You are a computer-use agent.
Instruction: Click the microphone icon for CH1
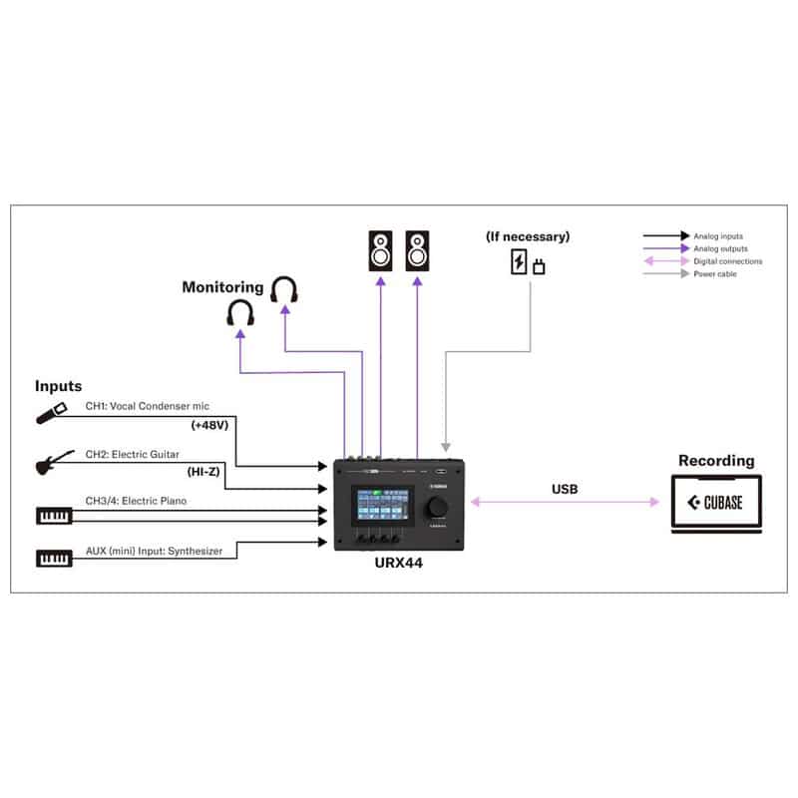51,412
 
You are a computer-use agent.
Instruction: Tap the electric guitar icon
56,462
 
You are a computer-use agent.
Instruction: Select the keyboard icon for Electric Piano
54,515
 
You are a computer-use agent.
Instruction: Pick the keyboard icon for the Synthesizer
54,557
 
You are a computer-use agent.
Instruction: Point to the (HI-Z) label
205,472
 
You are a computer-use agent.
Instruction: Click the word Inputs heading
59,385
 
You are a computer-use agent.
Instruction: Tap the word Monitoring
222,287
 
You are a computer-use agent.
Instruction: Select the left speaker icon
381,250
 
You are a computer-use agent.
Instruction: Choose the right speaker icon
419,250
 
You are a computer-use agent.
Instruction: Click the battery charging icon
519,262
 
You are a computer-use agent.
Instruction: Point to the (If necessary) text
528,237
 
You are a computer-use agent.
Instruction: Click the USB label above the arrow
565,490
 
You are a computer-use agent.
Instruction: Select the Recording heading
716,461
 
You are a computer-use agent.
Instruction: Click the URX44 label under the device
399,563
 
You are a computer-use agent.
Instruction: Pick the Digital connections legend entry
728,261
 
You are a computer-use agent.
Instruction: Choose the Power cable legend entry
715,274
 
